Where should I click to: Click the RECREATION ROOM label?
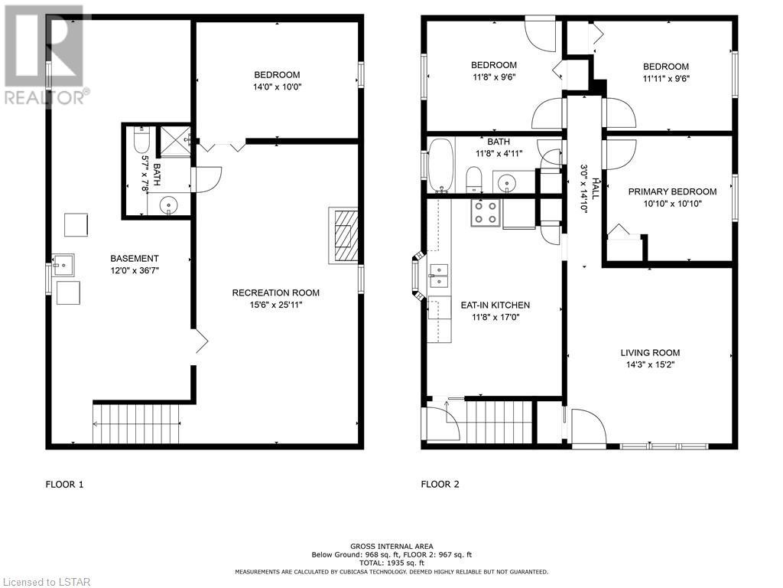tap(275, 292)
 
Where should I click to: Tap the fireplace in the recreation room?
tap(343, 236)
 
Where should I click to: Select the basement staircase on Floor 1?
tap(136, 423)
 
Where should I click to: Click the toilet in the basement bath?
tap(141, 140)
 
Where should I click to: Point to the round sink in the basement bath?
tap(169, 205)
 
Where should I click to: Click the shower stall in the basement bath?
tap(175, 142)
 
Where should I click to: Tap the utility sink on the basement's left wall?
tap(63, 265)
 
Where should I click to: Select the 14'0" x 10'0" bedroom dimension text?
tap(277, 87)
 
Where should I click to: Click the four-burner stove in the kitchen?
tap(486, 213)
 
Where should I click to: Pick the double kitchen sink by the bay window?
tap(439, 276)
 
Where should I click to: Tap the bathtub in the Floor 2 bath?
tap(441, 165)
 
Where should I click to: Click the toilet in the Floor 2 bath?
tap(473, 180)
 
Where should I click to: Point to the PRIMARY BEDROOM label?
tap(672, 191)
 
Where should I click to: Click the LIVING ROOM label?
tap(650, 352)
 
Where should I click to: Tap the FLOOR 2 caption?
tap(440, 484)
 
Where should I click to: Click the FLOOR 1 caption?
tap(64, 484)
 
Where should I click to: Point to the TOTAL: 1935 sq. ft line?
tap(391, 563)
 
